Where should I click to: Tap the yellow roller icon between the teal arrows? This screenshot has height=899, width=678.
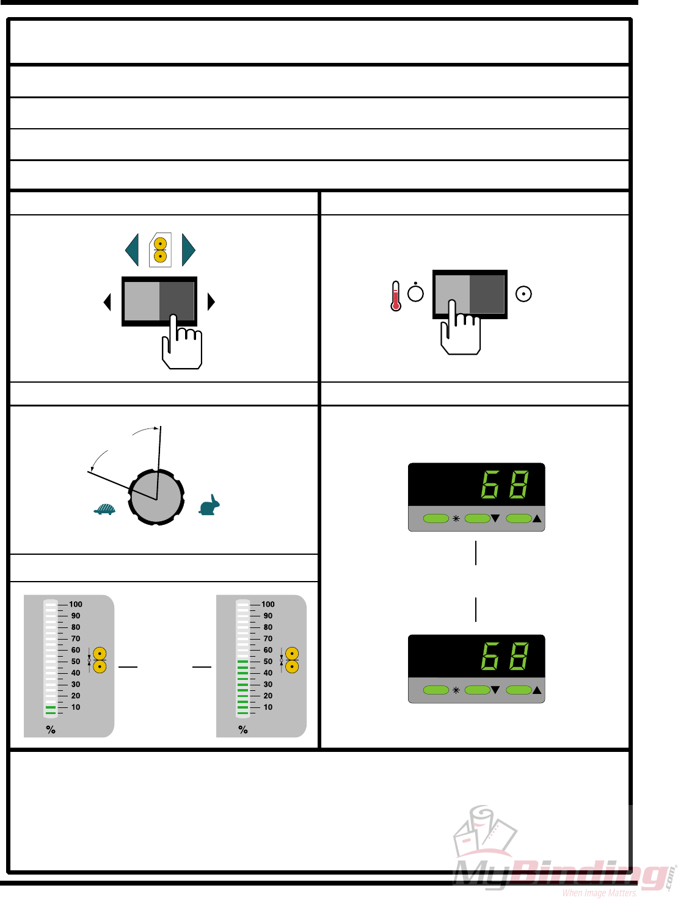160,250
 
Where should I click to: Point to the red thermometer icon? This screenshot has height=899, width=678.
396,296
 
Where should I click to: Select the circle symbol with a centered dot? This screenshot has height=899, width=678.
523,294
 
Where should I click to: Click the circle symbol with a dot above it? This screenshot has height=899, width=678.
415,293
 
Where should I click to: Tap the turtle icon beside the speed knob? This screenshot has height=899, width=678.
104,509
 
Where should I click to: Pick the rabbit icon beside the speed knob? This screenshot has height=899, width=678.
210,506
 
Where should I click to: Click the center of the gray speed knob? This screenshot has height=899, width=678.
156,497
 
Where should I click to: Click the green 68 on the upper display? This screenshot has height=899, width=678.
505,485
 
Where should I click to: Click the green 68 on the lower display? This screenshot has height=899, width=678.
505,656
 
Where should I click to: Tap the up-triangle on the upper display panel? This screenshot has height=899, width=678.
537,519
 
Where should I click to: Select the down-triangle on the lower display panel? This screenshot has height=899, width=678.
495,690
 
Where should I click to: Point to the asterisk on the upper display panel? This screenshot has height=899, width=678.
456,519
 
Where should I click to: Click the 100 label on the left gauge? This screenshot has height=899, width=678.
76,604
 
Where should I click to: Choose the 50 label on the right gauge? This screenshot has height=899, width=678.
268,662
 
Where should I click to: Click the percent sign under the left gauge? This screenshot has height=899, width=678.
51,729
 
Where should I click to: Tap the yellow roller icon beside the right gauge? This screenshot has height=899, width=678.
292,660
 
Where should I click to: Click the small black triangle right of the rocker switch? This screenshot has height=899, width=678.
211,301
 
